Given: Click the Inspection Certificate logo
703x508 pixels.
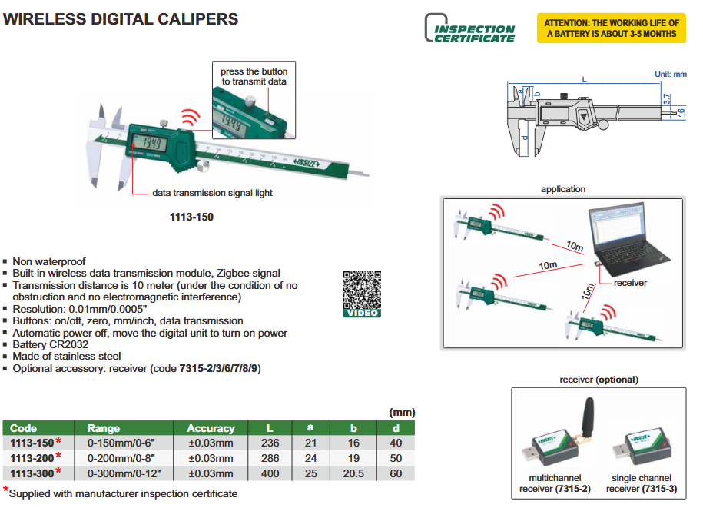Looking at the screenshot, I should click(x=470, y=28).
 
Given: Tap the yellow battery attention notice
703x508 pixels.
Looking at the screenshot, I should click(x=611, y=28).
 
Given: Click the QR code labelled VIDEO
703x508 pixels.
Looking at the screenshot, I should click(x=361, y=293).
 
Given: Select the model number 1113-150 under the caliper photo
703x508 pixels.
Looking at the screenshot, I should click(x=191, y=217).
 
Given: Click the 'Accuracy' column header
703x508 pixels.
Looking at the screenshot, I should click(x=211, y=428).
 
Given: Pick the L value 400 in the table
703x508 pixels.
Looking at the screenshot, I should click(x=270, y=473).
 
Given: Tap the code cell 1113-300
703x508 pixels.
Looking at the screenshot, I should click(x=32, y=473).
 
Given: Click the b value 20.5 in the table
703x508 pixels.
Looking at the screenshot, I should click(x=353, y=473).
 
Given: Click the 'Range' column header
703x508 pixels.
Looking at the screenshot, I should click(x=104, y=428).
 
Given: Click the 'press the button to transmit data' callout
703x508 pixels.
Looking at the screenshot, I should click(x=253, y=76).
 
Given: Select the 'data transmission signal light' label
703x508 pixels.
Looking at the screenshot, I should click(x=212, y=193).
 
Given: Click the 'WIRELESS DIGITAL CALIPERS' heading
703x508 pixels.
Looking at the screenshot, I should click(x=121, y=19).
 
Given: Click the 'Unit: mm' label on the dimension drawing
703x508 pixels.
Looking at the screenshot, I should click(x=670, y=75).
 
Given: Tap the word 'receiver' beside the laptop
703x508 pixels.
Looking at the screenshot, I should click(x=630, y=283).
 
